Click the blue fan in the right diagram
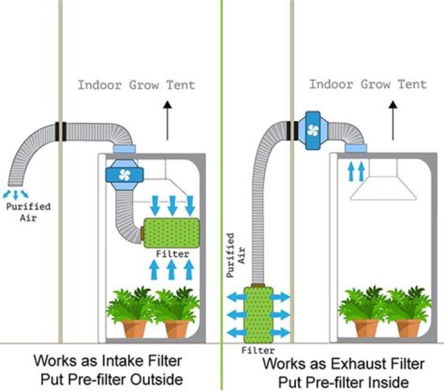(313, 130)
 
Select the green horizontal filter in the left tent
(171, 231)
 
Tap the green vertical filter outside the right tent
(258, 314)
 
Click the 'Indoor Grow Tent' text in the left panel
(136, 85)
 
